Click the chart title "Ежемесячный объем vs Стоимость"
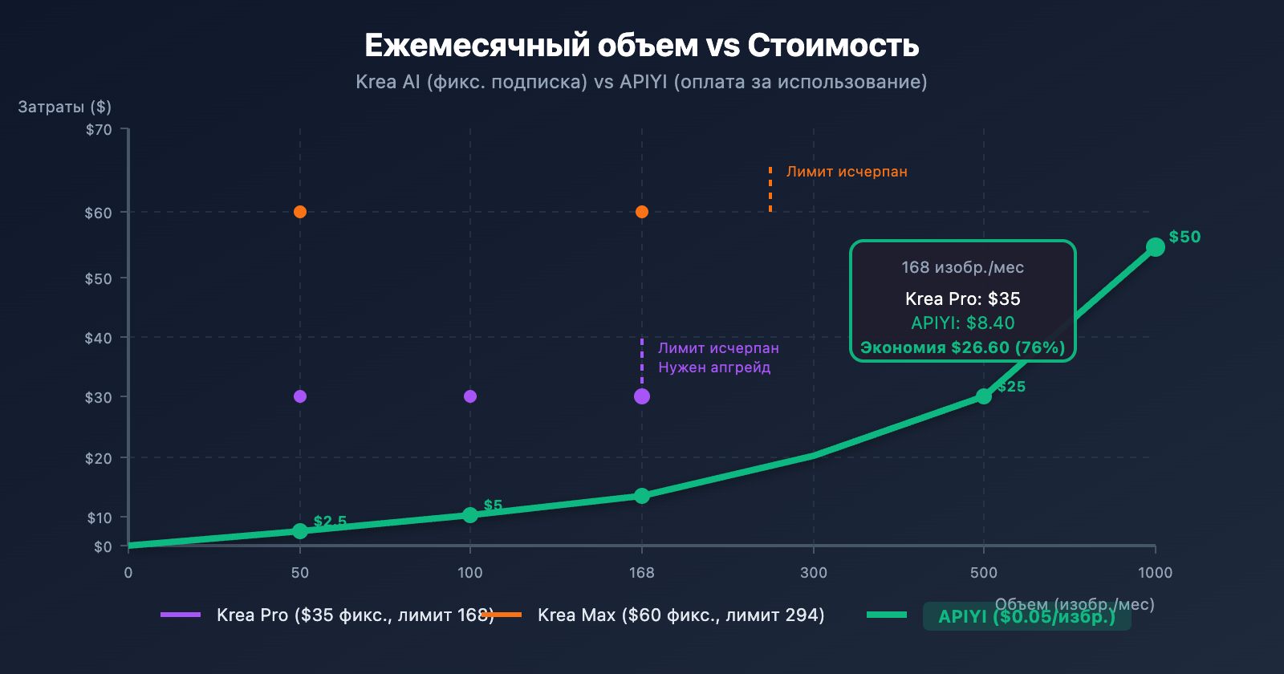click(641, 46)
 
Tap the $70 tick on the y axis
click(99, 129)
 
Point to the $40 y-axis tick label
click(99, 338)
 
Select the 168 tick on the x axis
click(641, 572)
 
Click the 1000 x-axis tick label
click(1155, 572)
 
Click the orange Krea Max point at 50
click(300, 212)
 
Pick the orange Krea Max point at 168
click(642, 212)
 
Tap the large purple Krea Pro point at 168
click(642, 396)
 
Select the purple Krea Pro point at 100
click(470, 396)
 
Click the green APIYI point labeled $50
click(1155, 247)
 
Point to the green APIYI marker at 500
click(984, 396)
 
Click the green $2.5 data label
click(330, 522)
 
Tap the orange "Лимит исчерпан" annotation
click(847, 172)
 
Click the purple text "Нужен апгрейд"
click(714, 367)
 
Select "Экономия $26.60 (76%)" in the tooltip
click(962, 347)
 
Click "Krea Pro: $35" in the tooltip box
click(962, 298)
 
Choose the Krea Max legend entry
click(681, 615)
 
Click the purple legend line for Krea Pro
click(181, 615)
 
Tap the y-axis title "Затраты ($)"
click(64, 107)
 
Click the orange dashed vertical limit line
click(770, 189)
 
